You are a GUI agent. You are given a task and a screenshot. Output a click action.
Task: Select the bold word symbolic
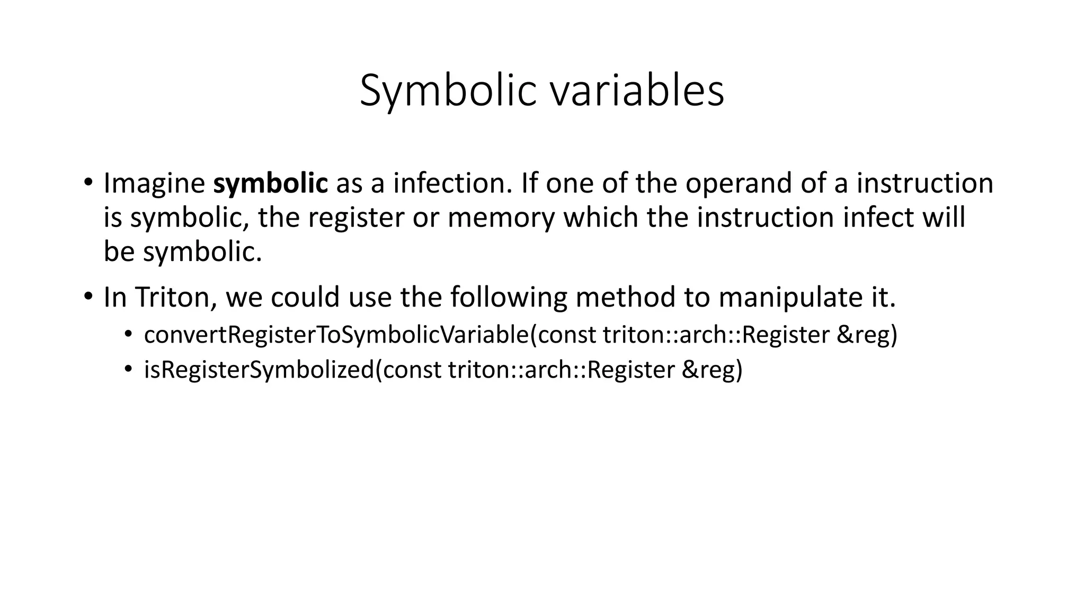click(x=270, y=184)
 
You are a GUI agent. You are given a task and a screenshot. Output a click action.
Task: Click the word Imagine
click(x=154, y=184)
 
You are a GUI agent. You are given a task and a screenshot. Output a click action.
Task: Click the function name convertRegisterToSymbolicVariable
click(x=336, y=335)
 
